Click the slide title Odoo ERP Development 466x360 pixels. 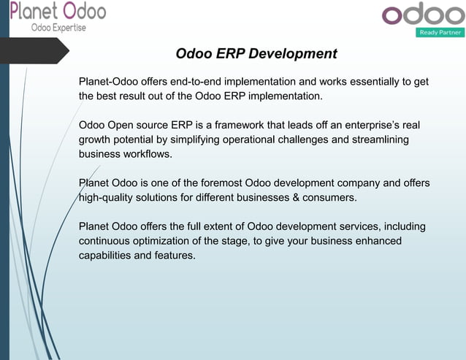pyautogui.click(x=256, y=54)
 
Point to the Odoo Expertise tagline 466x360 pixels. pyautogui.click(x=58, y=28)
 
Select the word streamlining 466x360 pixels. pyautogui.click(x=378, y=139)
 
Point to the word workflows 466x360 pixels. pyautogui.click(x=147, y=154)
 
